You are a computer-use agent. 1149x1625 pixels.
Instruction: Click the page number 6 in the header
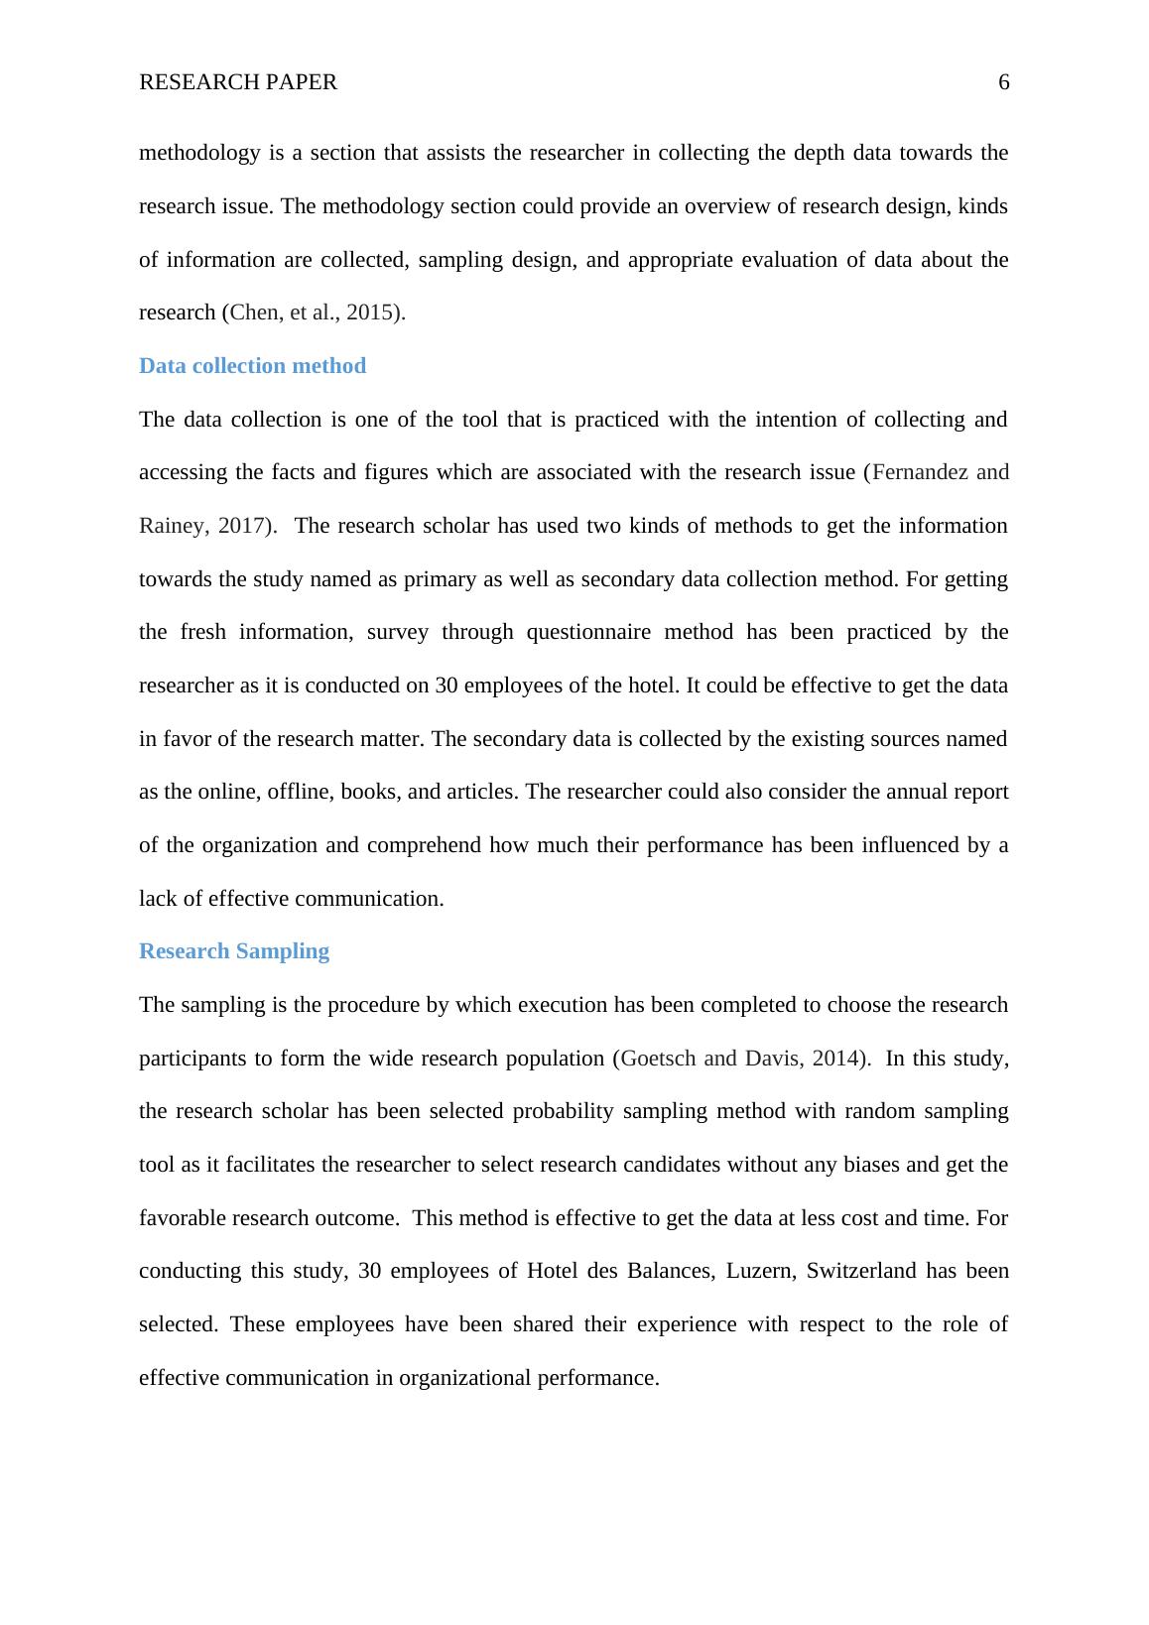pos(1003,82)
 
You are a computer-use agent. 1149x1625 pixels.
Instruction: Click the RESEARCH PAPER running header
pos(238,82)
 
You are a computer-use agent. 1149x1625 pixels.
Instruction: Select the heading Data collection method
pos(252,366)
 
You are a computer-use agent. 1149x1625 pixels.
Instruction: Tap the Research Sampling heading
pos(234,951)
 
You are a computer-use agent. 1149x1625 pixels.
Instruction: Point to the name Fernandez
pos(920,472)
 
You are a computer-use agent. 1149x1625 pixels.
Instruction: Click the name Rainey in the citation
pos(172,526)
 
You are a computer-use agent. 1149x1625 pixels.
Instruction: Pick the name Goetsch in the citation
pos(658,1059)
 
